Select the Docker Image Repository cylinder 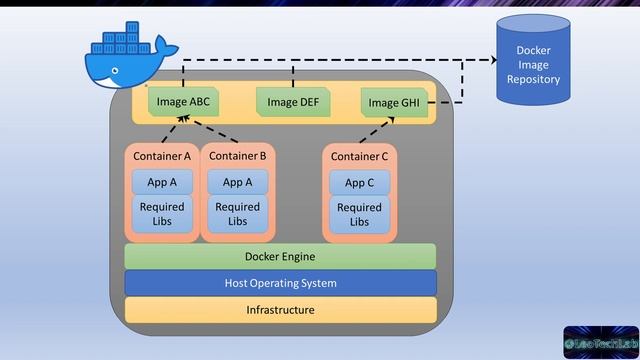[x=533, y=64]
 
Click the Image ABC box [x=184, y=101]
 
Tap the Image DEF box [x=293, y=101]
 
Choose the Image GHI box [x=394, y=102]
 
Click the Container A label [x=162, y=156]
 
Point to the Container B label [x=237, y=156]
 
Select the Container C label [x=359, y=156]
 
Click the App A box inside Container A [x=162, y=182]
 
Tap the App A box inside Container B [x=237, y=182]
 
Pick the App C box [x=359, y=182]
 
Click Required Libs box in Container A [x=162, y=214]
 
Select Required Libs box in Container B [x=237, y=214]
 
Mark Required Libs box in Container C [x=359, y=214]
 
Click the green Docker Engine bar [x=280, y=257]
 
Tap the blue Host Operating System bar [x=280, y=283]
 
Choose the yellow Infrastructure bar [x=280, y=310]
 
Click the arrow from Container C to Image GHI [x=376, y=130]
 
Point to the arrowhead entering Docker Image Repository [x=491, y=60]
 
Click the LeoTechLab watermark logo [x=600, y=341]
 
